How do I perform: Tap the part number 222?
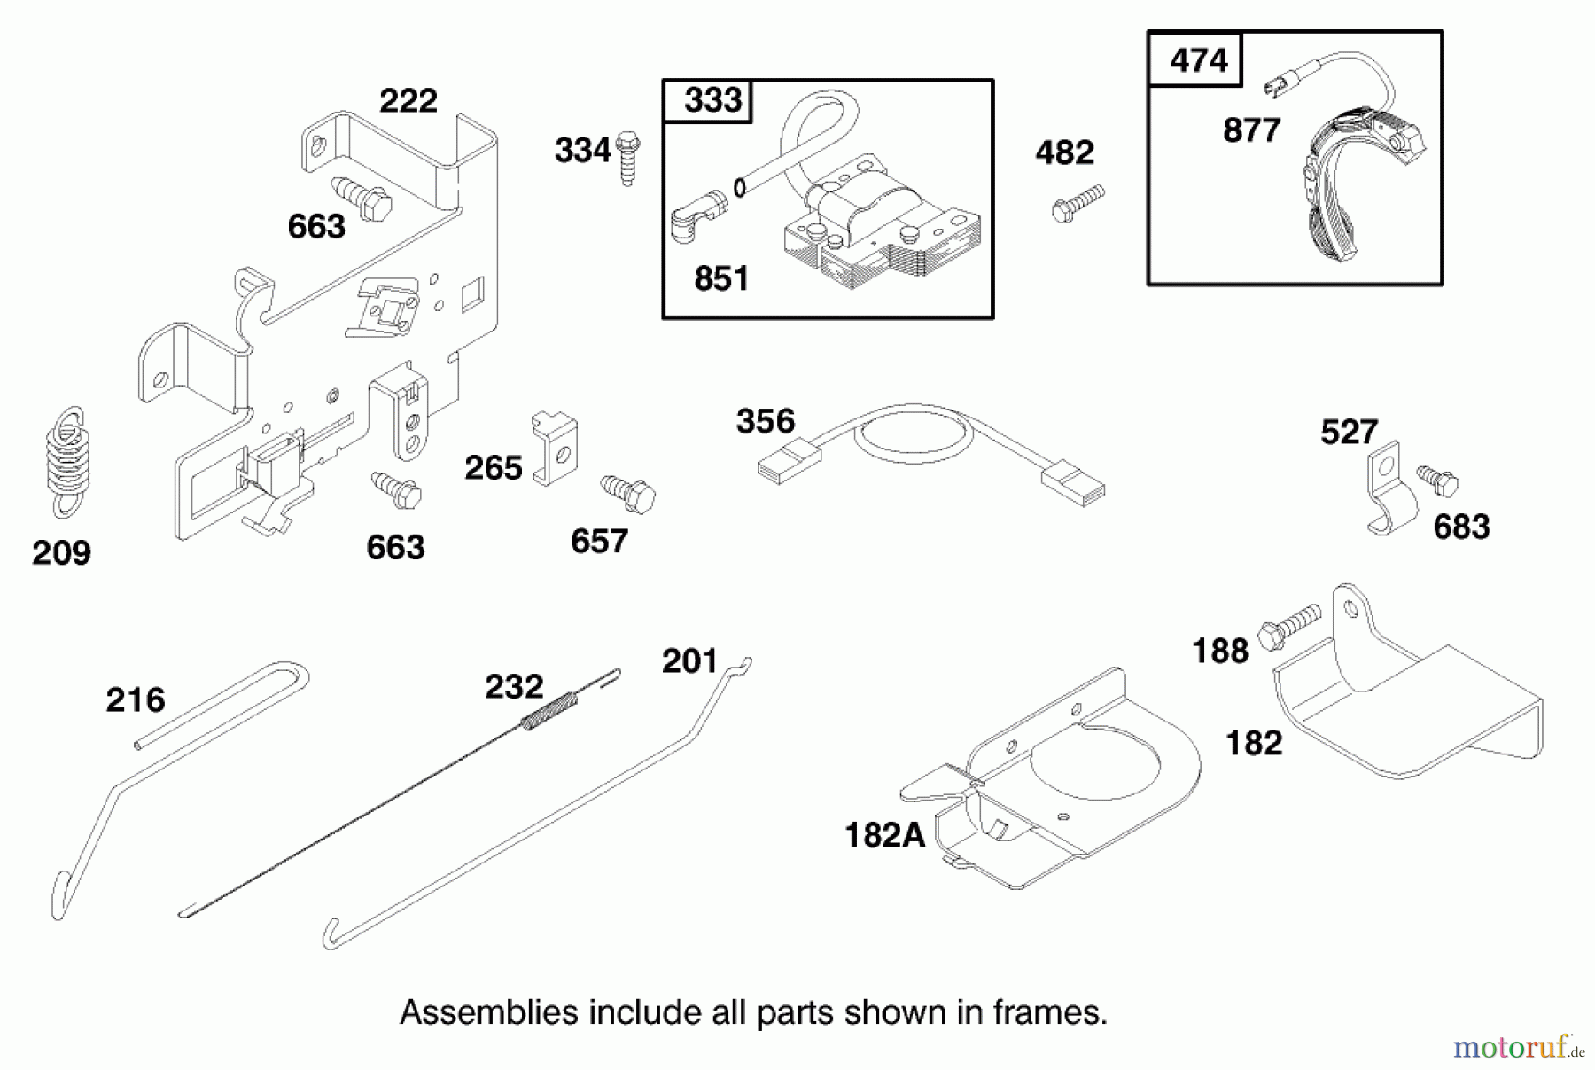(x=408, y=100)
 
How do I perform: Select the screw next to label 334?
(x=628, y=157)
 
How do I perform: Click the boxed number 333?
(x=712, y=100)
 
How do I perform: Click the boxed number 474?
(x=1198, y=60)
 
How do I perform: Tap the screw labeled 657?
(x=628, y=492)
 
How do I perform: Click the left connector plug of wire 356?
(x=789, y=462)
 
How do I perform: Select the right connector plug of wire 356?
(x=1073, y=485)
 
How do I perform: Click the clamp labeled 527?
(x=1388, y=490)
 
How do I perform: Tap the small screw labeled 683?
(x=1437, y=480)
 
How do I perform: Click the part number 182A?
(x=884, y=835)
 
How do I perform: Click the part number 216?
(x=135, y=700)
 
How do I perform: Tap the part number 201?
(x=689, y=661)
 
